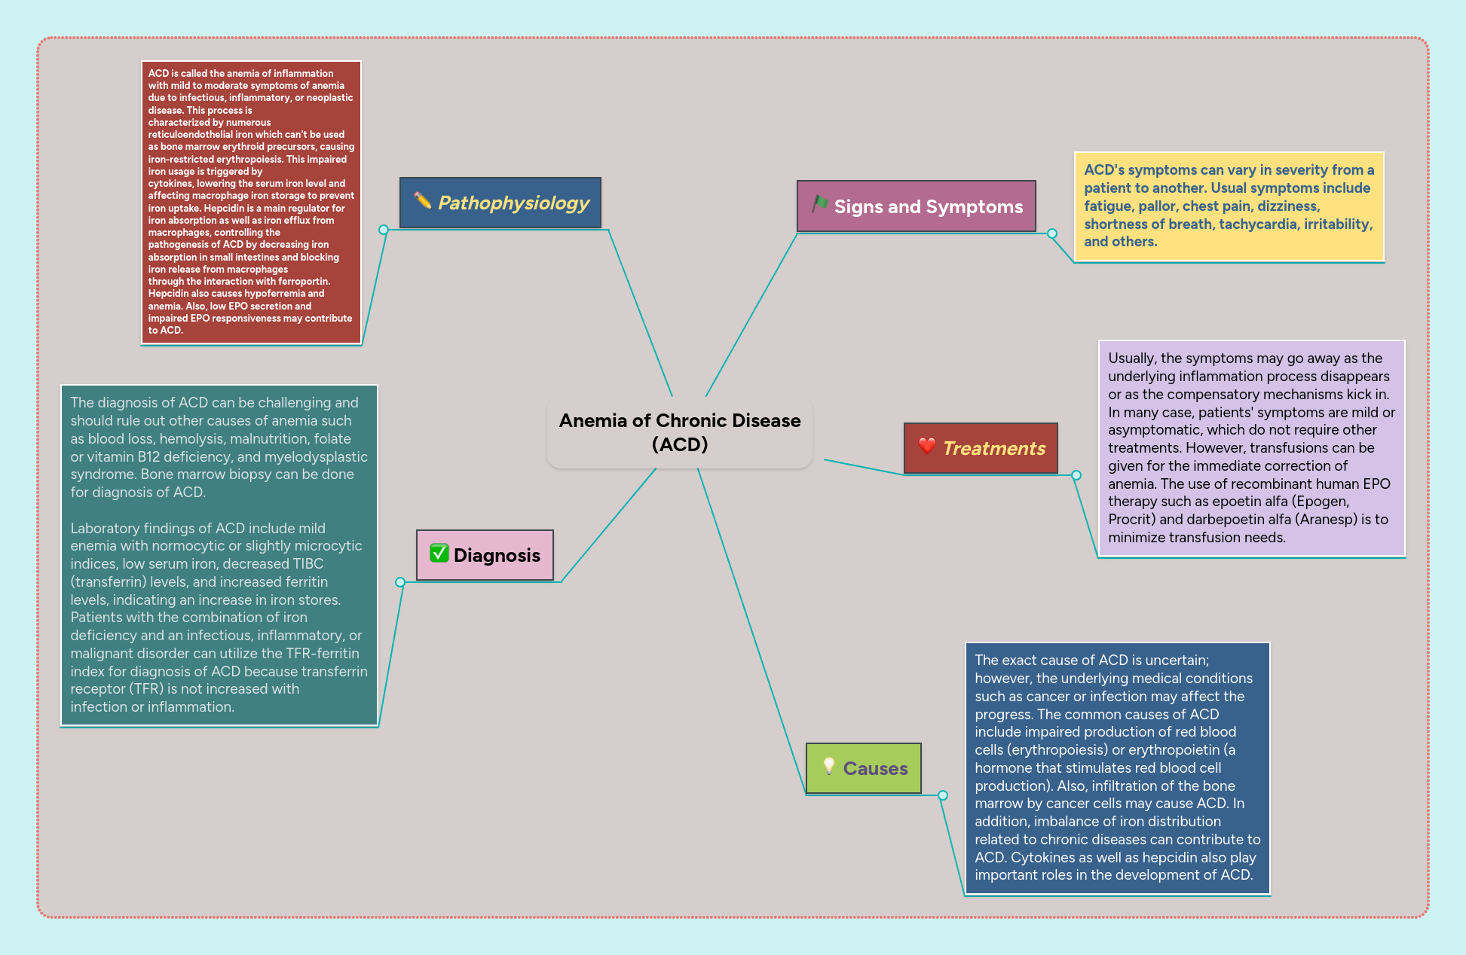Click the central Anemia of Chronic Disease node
[679, 432]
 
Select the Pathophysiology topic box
[500, 203]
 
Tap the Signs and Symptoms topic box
[916, 206]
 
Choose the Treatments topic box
[981, 448]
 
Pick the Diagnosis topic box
[485, 555]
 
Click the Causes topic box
[863, 768]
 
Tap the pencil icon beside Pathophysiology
[423, 200]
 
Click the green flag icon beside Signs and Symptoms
[819, 204]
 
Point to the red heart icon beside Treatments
[926, 446]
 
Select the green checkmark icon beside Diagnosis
[439, 554]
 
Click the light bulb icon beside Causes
[828, 766]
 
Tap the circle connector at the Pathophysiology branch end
[384, 230]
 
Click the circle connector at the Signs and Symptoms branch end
[1052, 233]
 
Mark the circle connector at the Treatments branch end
[1076, 475]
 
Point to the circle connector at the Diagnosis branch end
[400, 582]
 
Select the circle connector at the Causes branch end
[943, 795]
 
